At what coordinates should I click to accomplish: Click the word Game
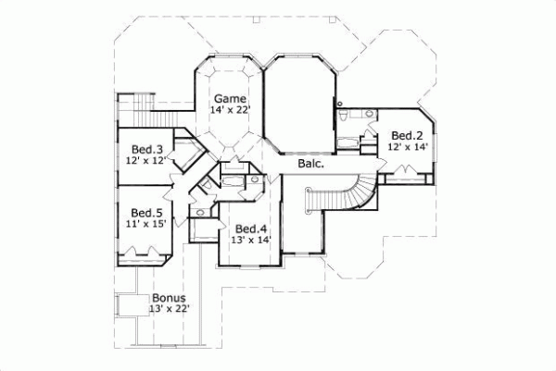(229, 98)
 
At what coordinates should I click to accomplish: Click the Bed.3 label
(146, 149)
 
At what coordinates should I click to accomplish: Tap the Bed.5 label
(146, 211)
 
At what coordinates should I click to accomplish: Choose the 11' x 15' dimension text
(146, 225)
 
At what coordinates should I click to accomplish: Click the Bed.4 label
(250, 229)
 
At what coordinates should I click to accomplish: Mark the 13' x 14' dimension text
(250, 241)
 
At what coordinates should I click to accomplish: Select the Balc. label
(310, 164)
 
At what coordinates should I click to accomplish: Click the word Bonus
(168, 298)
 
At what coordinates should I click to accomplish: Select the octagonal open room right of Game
(299, 102)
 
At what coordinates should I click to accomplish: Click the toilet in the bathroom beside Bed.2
(345, 116)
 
